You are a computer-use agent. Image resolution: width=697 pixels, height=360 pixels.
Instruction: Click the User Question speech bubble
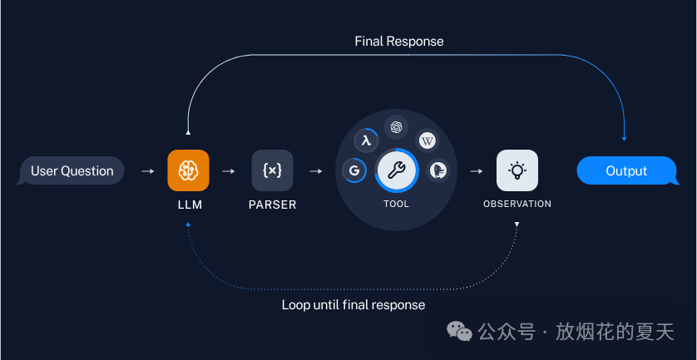tap(72, 171)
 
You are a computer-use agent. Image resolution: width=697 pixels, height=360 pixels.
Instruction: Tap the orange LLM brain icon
tap(188, 170)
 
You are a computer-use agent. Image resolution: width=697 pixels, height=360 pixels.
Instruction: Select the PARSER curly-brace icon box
tap(272, 170)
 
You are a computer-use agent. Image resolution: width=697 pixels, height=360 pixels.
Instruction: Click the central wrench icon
tap(396, 170)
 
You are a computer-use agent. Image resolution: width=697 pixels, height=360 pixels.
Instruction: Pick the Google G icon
tap(354, 170)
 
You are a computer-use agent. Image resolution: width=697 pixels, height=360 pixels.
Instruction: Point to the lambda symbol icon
tap(365, 141)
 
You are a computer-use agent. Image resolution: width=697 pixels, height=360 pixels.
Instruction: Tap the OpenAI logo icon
tap(396, 127)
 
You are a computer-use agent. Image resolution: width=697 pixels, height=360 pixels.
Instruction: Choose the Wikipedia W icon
tap(427, 141)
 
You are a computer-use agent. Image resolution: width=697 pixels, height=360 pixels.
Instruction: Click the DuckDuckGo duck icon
tap(438, 170)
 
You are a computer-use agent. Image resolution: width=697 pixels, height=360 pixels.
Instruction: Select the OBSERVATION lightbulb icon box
tap(517, 170)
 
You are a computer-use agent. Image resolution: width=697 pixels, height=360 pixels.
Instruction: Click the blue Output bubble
tap(626, 171)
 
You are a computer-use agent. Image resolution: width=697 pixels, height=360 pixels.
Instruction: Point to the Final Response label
tap(399, 41)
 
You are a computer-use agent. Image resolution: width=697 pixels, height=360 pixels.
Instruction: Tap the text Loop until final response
tap(353, 305)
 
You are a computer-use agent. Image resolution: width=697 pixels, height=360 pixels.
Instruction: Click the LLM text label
tap(189, 204)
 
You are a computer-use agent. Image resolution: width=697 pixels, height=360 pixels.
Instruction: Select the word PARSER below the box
tap(272, 204)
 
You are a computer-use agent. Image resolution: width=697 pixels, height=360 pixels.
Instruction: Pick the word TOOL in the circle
tap(396, 204)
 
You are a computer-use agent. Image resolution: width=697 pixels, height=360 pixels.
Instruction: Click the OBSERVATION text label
tap(517, 204)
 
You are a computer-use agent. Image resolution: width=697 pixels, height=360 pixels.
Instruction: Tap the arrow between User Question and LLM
tap(147, 171)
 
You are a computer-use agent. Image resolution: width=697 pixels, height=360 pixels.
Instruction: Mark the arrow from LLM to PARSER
tap(229, 171)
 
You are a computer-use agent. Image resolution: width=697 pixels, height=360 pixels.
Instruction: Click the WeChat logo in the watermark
tap(460, 333)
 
